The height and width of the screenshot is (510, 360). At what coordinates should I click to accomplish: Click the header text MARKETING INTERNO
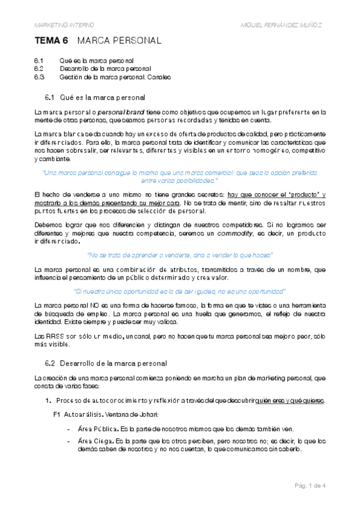pyautogui.click(x=64, y=25)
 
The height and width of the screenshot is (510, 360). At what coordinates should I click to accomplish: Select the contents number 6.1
pyautogui.click(x=40, y=61)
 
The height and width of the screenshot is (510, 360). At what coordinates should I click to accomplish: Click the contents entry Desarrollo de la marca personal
pyautogui.click(x=105, y=69)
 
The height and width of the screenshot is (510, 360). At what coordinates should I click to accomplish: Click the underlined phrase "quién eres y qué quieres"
pyautogui.click(x=290, y=401)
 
